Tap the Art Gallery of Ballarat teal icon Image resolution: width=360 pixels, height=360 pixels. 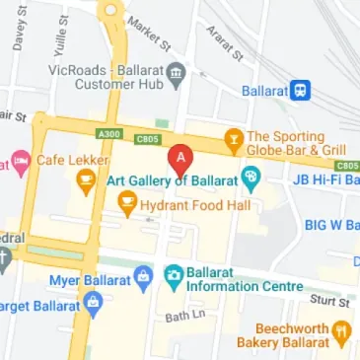[x=251, y=180]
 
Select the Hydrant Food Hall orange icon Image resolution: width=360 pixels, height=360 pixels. [x=126, y=204]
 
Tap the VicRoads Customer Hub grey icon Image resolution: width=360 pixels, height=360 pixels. [x=176, y=72]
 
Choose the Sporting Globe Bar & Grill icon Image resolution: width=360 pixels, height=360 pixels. [x=234, y=137]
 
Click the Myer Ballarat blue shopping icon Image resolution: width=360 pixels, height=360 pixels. [x=142, y=273]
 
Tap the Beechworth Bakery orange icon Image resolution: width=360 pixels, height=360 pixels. [x=341, y=329]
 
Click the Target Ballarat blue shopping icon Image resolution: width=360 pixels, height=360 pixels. [x=93, y=302]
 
